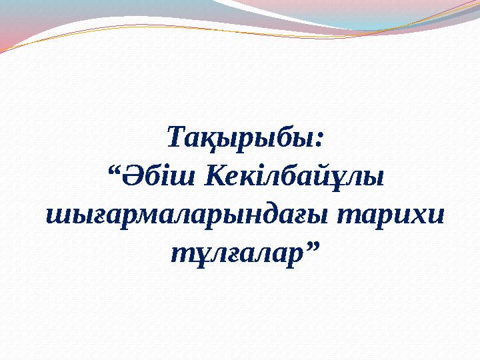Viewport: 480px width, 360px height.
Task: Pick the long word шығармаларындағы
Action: tap(187, 215)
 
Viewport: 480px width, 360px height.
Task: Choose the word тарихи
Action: tap(389, 214)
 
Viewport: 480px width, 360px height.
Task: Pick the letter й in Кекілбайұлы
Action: tap(332, 177)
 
